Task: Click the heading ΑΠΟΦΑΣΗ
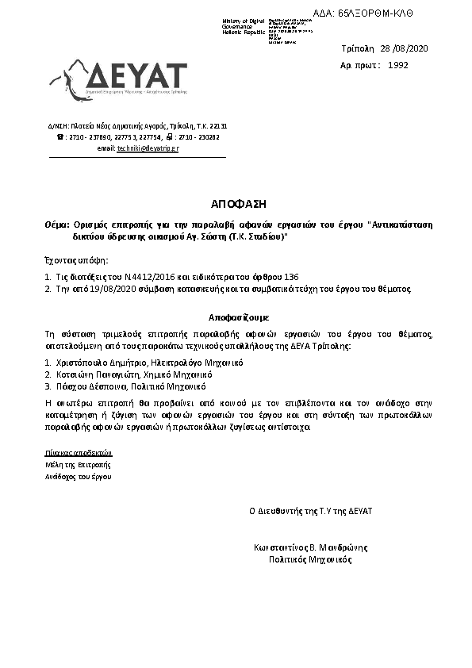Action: (x=236, y=204)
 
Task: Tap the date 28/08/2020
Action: (x=405, y=49)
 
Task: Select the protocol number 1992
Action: (x=398, y=65)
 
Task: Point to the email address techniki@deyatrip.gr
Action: (x=148, y=148)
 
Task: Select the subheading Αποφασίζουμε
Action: (x=236, y=316)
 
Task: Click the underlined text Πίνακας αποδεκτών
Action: (x=75, y=451)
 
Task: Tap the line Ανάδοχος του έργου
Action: (x=79, y=477)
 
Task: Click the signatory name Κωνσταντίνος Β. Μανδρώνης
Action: (x=305, y=547)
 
